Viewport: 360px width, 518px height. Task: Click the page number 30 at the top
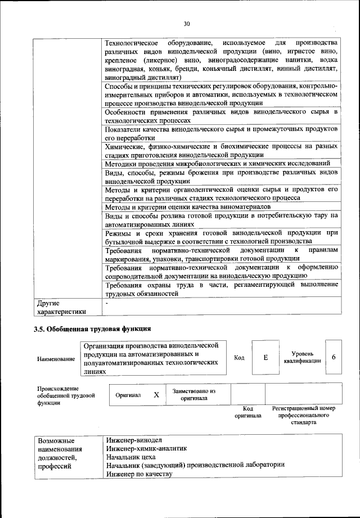187,23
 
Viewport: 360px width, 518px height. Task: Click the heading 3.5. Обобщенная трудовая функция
93,328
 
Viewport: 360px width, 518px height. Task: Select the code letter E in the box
265,358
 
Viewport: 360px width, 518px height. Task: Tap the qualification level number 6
334,358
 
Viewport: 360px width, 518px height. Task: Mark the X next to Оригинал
156,395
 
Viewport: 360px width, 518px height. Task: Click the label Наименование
56,358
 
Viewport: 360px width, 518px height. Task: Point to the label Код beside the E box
239,358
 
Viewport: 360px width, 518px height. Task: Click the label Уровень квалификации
303,357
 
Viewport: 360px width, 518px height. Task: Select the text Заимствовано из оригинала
194,394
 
